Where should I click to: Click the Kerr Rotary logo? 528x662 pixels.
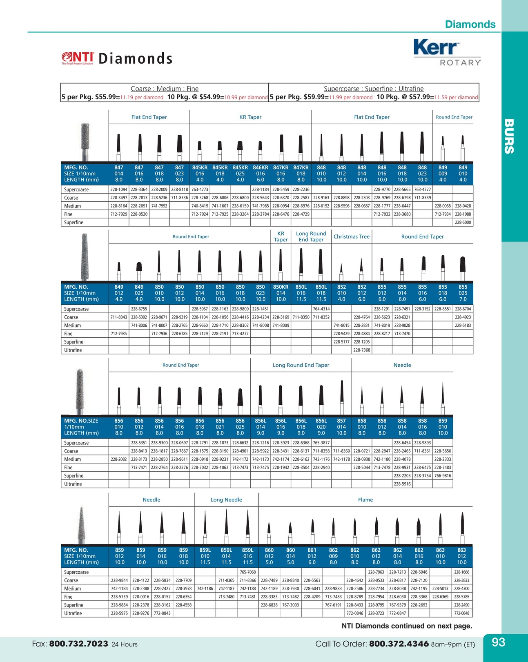pyautogui.click(x=447, y=52)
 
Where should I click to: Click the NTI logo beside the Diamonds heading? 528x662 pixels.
pyautogui.click(x=78, y=58)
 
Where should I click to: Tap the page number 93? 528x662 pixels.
pyautogui.click(x=498, y=642)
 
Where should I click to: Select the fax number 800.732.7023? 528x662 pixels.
pyautogui.click(x=78, y=644)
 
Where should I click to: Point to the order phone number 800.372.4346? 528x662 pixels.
pyautogui.click(x=398, y=644)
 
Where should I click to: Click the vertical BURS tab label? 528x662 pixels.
pyautogui.click(x=509, y=136)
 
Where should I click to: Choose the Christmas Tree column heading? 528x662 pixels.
pyautogui.click(x=351, y=237)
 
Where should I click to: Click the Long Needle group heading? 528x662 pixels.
pyautogui.click(x=226, y=500)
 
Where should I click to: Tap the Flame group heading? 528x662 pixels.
pyautogui.click(x=365, y=500)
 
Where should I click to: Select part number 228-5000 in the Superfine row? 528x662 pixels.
pyautogui.click(x=463, y=223)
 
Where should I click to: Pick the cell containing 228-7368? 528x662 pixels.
pyautogui.click(x=361, y=350)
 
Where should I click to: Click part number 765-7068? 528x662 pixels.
pyautogui.click(x=247, y=572)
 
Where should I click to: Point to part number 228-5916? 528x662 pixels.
pyautogui.click(x=402, y=484)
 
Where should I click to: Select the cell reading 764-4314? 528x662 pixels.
pyautogui.click(x=321, y=309)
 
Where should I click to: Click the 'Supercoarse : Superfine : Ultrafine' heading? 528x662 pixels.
pyautogui.click(x=374, y=89)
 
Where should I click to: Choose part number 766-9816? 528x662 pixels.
pyautogui.click(x=443, y=476)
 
